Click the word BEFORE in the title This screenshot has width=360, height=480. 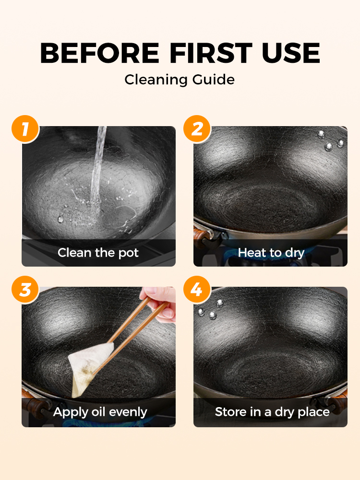[x=99, y=53]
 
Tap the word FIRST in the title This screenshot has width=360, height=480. [x=211, y=53]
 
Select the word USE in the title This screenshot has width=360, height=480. [x=291, y=53]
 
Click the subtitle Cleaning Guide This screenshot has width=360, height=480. [x=180, y=80]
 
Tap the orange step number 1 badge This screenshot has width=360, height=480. [x=25, y=129]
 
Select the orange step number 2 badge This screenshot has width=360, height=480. [x=197, y=129]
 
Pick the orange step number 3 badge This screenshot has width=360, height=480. [x=25, y=289]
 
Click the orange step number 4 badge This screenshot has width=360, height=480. [x=197, y=289]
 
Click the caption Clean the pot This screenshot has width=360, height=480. [x=98, y=253]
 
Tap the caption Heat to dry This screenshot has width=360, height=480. [x=271, y=253]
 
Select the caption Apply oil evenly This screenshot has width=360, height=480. [x=100, y=412]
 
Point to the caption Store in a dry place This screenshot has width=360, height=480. [x=272, y=412]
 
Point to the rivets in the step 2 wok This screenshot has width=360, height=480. [x=331, y=141]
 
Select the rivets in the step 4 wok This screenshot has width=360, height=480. [x=211, y=309]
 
